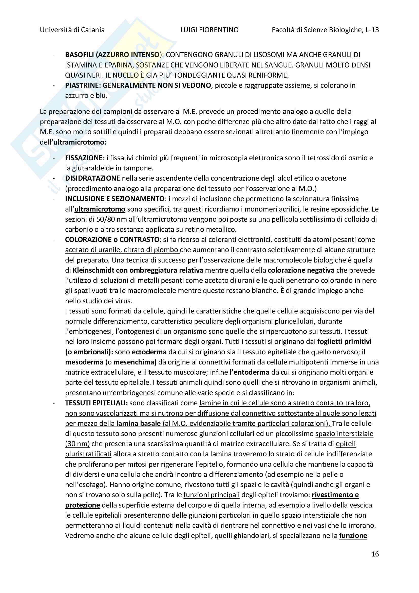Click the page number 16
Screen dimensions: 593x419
(x=375, y=554)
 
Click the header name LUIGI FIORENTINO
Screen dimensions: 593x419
(x=209, y=30)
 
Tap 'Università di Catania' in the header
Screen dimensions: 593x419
(x=72, y=30)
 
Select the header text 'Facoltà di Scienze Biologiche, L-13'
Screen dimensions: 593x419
(x=325, y=30)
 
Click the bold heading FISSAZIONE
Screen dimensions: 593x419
(x=84, y=158)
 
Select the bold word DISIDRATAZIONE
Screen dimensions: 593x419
(x=92, y=178)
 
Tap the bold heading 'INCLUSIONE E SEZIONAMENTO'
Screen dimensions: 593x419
(x=115, y=199)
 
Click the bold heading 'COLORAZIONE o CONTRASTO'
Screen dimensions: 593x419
(x=112, y=240)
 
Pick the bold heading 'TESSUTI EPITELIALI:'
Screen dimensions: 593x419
(x=96, y=403)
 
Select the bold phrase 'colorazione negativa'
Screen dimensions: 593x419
(x=301, y=270)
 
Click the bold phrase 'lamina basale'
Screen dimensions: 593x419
(x=138, y=424)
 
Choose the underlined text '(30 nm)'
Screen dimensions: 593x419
(x=78, y=444)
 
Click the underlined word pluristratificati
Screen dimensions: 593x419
(x=88, y=454)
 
